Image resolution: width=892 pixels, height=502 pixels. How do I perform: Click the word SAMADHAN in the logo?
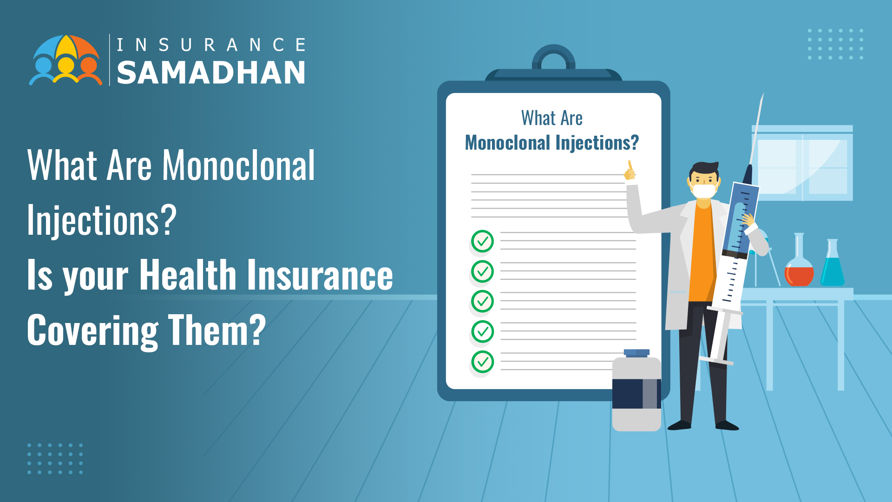(211, 73)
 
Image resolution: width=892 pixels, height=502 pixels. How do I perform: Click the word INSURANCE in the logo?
(211, 45)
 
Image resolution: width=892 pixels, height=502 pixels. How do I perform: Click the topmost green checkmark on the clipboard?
(482, 241)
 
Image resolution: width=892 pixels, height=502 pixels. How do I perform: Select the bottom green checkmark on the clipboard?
(482, 362)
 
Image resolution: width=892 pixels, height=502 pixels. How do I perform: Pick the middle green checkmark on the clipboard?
(482, 301)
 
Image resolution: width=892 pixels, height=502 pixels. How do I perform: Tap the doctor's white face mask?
(703, 191)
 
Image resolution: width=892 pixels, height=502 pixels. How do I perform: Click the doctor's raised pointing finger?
(630, 166)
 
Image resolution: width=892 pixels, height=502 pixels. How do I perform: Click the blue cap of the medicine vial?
(636, 353)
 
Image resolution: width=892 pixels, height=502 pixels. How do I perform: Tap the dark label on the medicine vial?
(636, 394)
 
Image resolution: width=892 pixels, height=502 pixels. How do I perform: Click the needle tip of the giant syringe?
(763, 94)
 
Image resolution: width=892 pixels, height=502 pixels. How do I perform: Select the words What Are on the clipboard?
(552, 118)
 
